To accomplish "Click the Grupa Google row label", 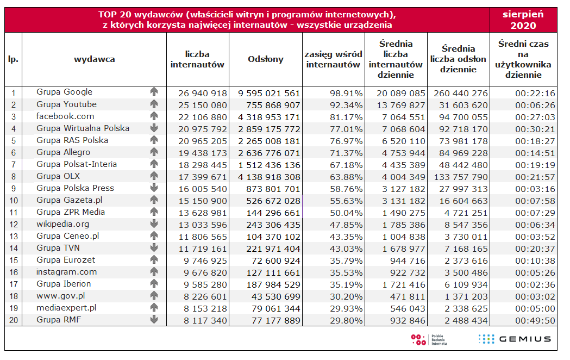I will click(x=64, y=92).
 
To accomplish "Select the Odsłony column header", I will click(x=266, y=59).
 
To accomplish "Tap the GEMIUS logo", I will click(x=514, y=339).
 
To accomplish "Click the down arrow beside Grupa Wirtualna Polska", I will click(x=154, y=128).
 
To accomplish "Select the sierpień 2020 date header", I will click(x=523, y=20).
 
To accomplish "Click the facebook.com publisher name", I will click(x=65, y=116).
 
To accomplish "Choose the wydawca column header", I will click(x=94, y=59).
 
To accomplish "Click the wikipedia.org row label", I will click(x=62, y=224).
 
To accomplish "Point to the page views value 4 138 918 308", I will click(x=269, y=176).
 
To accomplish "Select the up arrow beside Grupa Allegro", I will click(x=154, y=152).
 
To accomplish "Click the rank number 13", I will click(x=14, y=236).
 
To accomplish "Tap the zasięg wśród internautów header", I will click(x=333, y=59).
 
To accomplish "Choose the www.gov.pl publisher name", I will click(x=61, y=296).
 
